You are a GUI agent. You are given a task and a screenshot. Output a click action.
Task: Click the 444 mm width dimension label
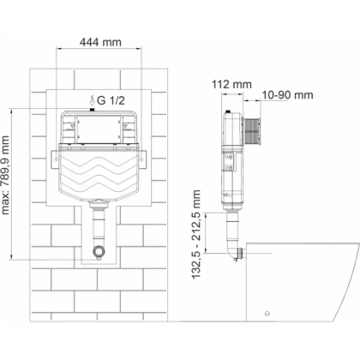100,42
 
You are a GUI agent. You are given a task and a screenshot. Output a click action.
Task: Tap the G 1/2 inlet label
111,100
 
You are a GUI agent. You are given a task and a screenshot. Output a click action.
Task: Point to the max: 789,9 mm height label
5,175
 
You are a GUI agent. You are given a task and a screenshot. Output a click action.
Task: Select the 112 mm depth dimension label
231,84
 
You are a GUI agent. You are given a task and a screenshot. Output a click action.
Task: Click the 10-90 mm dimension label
287,95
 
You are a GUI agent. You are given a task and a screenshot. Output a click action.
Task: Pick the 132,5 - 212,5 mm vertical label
196,234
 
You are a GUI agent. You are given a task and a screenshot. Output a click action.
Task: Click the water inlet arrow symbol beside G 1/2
92,100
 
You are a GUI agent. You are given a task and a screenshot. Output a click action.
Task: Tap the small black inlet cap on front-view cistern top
92,110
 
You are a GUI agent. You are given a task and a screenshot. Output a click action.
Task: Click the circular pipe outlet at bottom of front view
99,251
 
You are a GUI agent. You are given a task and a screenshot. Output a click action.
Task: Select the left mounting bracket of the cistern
55,159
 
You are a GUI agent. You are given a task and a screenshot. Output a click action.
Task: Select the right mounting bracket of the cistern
142,159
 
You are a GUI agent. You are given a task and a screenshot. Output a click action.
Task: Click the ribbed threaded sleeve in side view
252,130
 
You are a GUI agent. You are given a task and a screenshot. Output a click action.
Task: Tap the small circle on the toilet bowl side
267,313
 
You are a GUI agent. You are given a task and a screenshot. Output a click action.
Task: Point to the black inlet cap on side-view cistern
228,111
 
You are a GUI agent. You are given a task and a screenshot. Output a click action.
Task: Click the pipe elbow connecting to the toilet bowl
235,252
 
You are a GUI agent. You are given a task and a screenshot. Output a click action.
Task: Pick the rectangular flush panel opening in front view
99,129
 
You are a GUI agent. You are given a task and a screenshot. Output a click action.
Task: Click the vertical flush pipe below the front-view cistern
99,225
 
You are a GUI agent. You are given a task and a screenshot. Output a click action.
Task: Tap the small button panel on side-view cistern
229,162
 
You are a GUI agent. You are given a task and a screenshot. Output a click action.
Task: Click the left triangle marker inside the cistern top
73,126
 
